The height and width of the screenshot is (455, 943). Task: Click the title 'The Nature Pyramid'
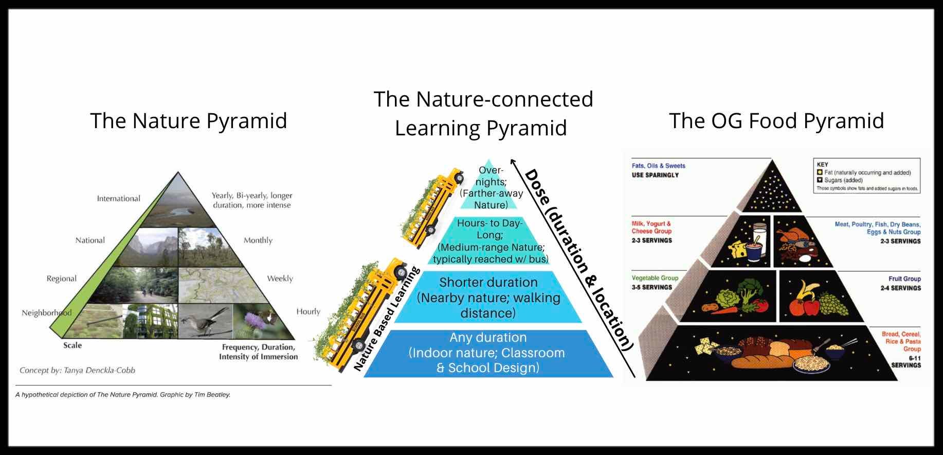click(189, 120)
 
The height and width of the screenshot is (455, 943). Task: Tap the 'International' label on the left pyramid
click(118, 199)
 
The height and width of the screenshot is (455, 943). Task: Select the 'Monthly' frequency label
click(258, 240)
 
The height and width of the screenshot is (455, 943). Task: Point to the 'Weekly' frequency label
click(280, 278)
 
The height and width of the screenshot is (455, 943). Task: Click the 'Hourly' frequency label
click(308, 311)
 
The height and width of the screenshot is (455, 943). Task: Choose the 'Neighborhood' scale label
click(46, 313)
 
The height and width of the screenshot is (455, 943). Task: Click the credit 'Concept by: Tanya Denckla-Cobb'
click(77, 370)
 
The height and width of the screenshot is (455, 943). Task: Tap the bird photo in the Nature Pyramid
click(205, 321)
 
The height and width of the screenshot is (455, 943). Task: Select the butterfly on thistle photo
click(261, 321)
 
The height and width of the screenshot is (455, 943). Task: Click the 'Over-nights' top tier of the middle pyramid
click(491, 187)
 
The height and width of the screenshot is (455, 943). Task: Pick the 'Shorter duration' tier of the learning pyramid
click(488, 297)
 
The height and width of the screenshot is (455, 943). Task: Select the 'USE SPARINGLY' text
click(655, 175)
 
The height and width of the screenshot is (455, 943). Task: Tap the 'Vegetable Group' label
click(655, 278)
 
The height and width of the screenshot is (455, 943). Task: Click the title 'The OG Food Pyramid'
click(776, 120)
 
